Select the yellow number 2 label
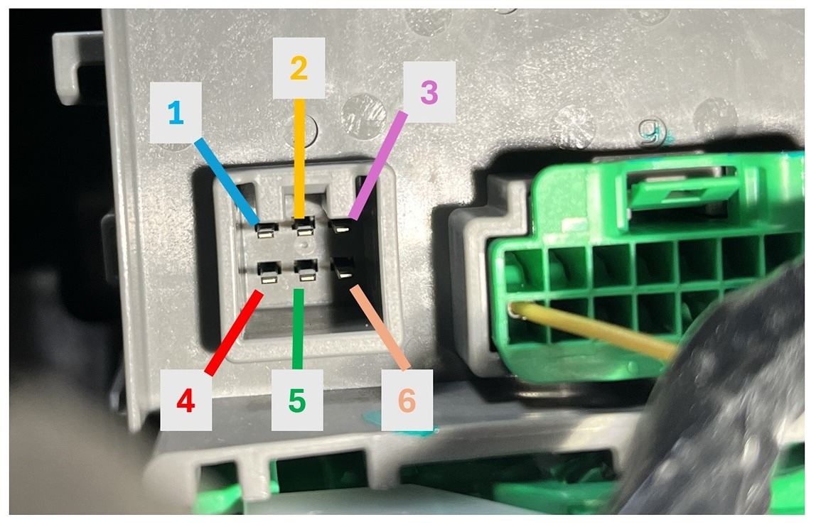[299, 68]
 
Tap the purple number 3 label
[429, 92]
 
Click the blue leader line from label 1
[226, 178]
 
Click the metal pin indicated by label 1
[267, 229]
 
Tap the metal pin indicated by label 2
[305, 229]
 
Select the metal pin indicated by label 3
[342, 228]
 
